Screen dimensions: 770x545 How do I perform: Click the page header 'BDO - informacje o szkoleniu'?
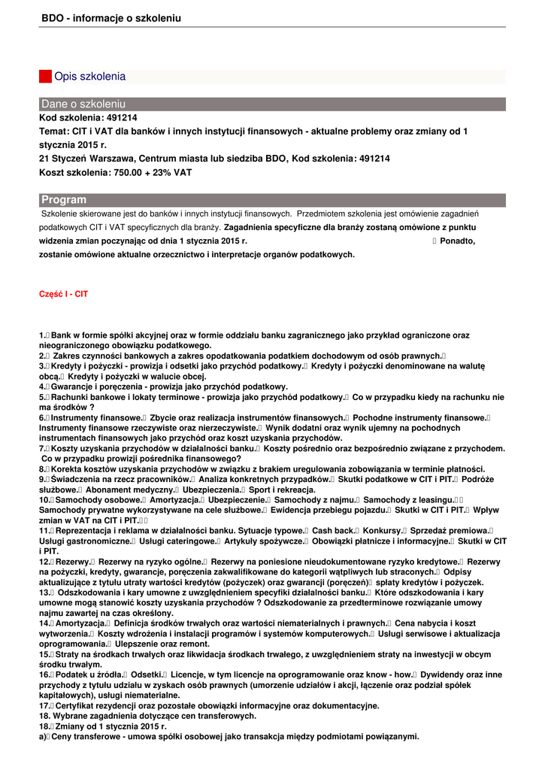(x=111, y=18)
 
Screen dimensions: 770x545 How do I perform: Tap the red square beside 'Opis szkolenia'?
(x=45, y=77)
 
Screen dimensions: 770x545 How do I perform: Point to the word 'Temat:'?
(x=53, y=132)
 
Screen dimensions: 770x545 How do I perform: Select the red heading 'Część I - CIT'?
(x=63, y=295)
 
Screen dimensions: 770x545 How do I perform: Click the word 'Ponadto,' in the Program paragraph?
(x=458, y=241)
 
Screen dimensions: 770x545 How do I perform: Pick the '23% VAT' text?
(x=174, y=172)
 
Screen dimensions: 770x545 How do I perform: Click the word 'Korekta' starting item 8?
(x=67, y=468)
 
